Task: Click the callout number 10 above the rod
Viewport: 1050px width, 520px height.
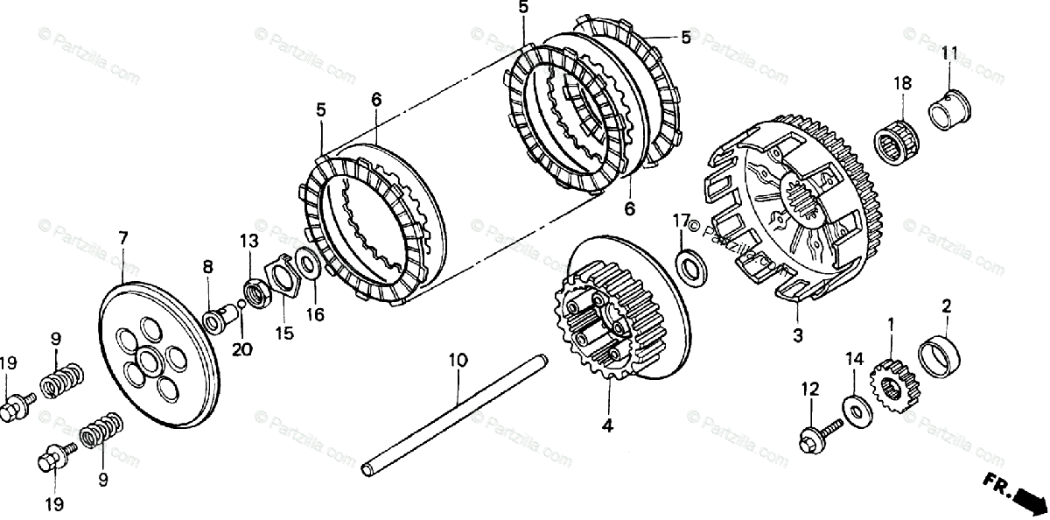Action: (458, 360)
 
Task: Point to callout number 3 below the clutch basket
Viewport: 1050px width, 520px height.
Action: (797, 335)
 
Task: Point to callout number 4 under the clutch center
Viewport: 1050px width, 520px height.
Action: (607, 427)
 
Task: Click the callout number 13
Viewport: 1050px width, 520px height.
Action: (249, 241)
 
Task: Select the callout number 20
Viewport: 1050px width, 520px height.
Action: (241, 349)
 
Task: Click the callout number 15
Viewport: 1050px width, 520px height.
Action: (285, 333)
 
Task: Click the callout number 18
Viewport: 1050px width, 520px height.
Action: (902, 84)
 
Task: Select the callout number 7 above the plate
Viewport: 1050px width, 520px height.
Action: (123, 238)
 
